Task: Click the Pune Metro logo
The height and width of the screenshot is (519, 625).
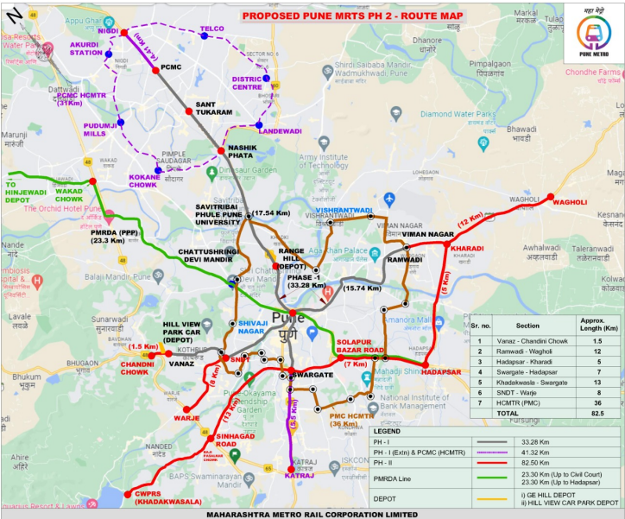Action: (593, 34)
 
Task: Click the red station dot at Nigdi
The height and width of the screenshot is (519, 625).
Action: (124, 33)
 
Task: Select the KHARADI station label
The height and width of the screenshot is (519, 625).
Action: (467, 249)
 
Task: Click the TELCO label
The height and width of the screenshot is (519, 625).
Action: (211, 28)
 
